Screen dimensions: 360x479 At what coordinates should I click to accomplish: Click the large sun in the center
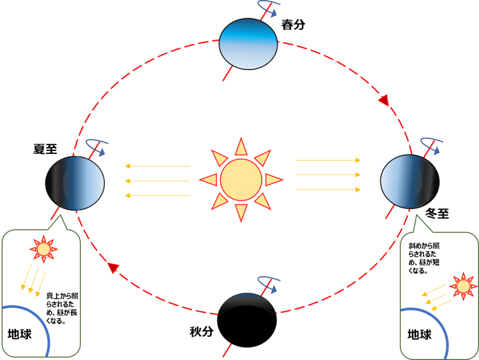coord(241,180)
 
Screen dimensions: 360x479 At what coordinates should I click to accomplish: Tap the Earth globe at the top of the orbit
coord(248,44)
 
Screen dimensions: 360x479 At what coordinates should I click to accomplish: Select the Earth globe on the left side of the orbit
coord(75,183)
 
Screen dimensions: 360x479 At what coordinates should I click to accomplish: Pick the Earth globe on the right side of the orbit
coord(410,181)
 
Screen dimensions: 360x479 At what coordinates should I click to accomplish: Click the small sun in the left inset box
coord(44,249)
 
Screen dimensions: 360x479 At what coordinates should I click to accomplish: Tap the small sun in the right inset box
coord(463,286)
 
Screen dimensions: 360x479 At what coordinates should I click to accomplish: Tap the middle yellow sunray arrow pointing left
coord(157,180)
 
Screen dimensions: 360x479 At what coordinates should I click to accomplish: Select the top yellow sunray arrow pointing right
coord(328,161)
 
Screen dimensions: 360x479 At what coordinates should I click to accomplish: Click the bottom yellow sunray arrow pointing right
coord(328,189)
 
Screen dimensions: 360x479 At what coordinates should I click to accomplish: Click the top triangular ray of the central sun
coord(241,147)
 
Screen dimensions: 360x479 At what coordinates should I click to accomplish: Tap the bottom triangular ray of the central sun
coord(241,212)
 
